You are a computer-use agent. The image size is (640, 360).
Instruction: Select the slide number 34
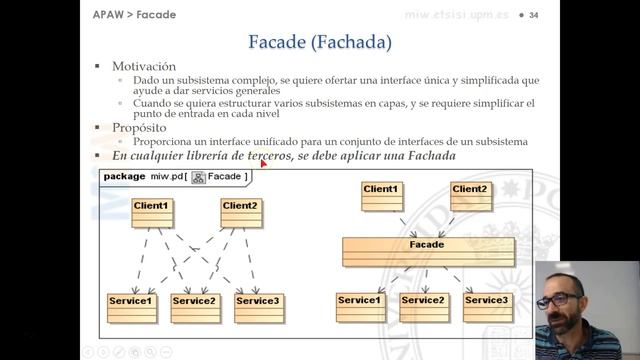click(534, 15)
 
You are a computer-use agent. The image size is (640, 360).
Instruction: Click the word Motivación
click(151, 66)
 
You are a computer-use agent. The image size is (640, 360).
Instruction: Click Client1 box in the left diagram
click(152, 211)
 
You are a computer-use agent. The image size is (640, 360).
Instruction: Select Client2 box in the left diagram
click(241, 211)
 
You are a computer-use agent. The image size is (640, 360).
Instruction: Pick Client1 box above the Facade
click(380, 194)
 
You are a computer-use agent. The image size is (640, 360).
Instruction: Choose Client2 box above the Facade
click(469, 194)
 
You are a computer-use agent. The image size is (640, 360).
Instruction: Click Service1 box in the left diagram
click(130, 306)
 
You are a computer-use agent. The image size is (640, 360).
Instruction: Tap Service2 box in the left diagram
click(194, 306)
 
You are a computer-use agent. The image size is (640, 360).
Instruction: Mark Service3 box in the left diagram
click(257, 306)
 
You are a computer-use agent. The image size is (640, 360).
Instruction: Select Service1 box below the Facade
click(359, 305)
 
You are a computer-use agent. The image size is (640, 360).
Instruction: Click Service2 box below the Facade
click(422, 305)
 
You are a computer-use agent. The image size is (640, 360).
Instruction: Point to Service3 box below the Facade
click(486, 305)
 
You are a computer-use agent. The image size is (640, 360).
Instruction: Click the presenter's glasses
click(566, 300)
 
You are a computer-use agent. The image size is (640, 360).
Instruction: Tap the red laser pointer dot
click(263, 163)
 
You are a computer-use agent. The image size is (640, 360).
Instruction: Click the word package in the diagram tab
click(124, 176)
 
